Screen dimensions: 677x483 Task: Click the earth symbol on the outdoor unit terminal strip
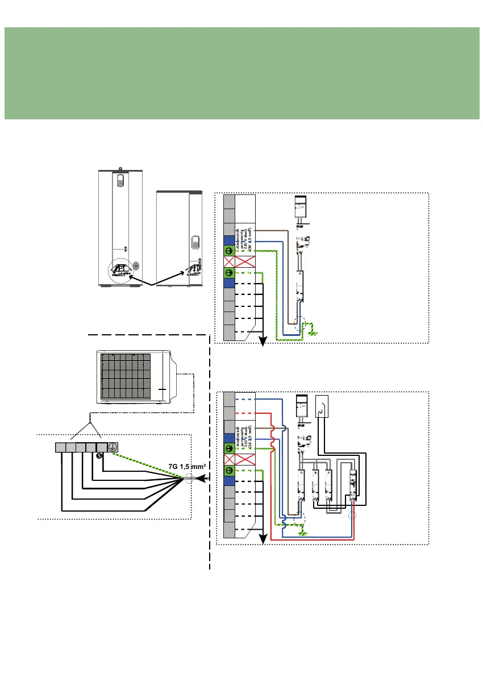(113, 447)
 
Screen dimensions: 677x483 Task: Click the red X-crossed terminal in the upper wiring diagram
(229, 262)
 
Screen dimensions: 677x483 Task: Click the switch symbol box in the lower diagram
(322, 406)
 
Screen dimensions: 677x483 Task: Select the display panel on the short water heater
(194, 242)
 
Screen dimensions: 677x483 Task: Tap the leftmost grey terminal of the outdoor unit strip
(61, 447)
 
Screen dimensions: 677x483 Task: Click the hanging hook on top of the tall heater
(120, 168)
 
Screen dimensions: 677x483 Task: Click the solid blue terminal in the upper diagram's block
(229, 240)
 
